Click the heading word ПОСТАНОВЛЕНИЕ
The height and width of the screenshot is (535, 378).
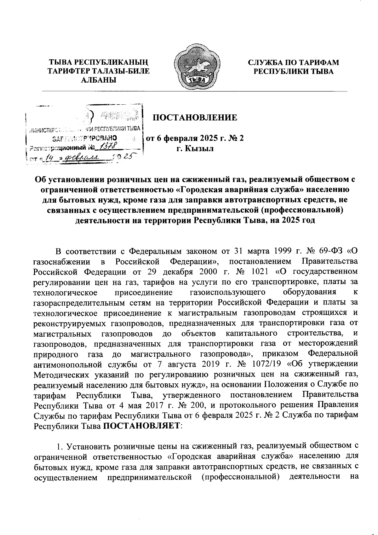click(195, 118)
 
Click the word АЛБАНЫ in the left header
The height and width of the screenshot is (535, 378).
click(99, 80)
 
